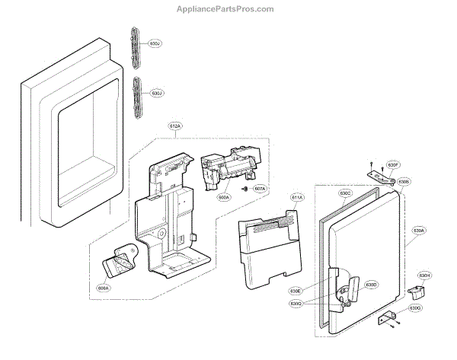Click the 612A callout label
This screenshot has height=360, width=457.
(175, 126)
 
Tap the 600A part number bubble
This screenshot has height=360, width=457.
(223, 197)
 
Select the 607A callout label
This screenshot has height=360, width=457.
(259, 189)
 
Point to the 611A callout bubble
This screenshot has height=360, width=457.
(296, 197)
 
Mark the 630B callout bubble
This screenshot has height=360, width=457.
(404, 182)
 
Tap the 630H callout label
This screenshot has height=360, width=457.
(424, 275)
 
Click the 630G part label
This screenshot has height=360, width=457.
(414, 307)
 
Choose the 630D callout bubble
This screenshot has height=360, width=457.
(371, 285)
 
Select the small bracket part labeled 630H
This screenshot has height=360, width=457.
(414, 292)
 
